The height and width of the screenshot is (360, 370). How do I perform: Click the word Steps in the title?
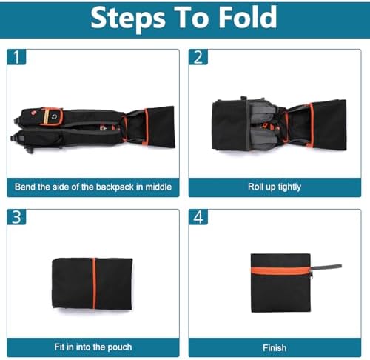coord(128,18)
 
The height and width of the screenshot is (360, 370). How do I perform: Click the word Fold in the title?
coord(248,17)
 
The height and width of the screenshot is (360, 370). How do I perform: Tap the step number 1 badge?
coord(16,57)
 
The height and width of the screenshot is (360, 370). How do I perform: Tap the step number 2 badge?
coord(198,57)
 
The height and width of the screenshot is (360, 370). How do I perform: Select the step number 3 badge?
coord(16,217)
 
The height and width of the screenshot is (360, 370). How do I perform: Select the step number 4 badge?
coord(198,217)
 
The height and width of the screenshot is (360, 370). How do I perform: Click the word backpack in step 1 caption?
coord(115,187)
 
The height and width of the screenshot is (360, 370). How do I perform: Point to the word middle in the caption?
coord(158,187)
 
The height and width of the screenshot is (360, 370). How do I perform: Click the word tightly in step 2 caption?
coord(289,187)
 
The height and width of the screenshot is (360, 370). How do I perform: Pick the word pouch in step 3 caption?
coord(120,347)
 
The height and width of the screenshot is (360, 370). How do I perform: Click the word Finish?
coord(275,348)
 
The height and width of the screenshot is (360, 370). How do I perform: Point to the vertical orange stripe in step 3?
coord(94,284)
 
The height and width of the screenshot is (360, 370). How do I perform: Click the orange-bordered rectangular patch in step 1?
coord(51,116)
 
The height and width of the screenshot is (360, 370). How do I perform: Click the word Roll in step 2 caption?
coord(255,187)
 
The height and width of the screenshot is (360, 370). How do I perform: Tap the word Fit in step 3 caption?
coord(59,347)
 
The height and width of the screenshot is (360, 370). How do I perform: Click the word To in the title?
coord(192,17)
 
